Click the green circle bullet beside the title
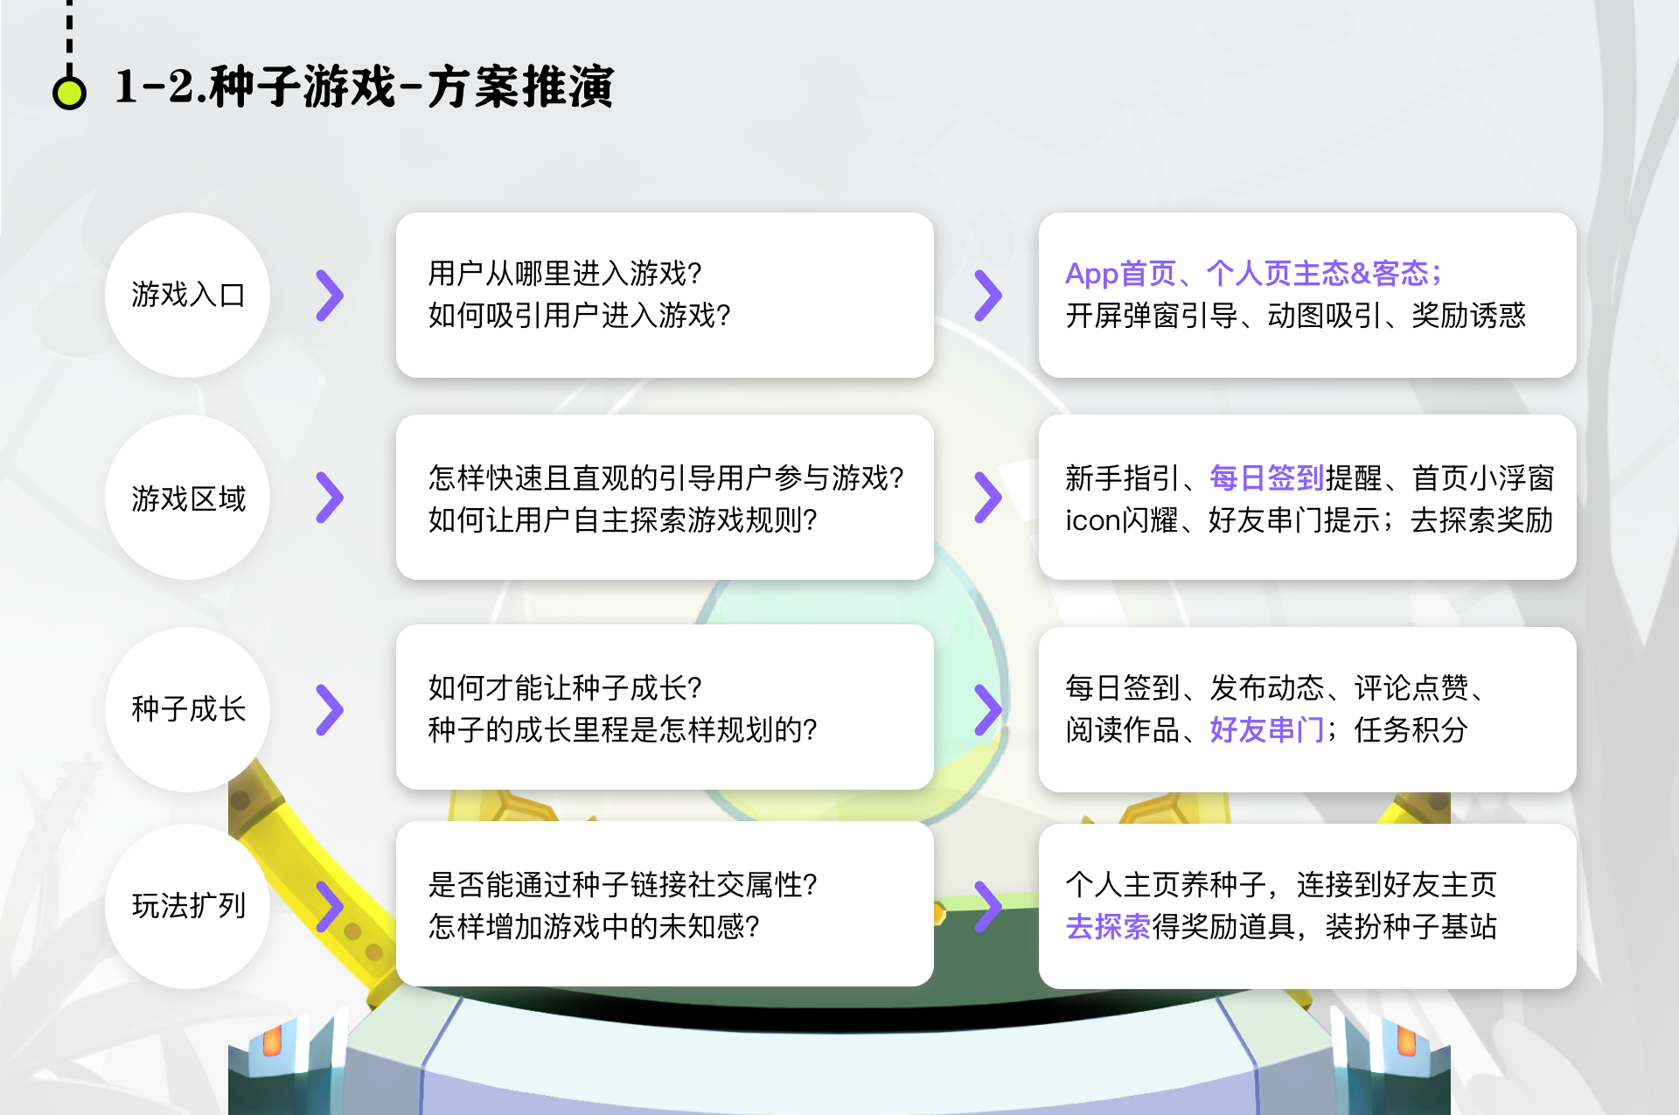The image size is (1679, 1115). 69,92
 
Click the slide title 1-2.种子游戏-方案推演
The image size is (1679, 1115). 365,87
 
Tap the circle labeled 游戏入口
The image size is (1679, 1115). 188,295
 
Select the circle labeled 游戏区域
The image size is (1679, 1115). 188,498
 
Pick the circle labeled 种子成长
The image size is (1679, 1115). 188,709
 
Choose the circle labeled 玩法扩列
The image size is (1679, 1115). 188,906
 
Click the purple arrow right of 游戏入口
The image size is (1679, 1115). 330,296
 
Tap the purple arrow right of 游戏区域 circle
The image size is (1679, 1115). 330,498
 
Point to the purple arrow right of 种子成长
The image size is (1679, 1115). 330,710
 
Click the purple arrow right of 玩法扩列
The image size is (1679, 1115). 330,907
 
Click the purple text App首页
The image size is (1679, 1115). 1120,274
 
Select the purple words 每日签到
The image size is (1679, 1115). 1267,477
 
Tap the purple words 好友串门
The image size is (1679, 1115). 1267,729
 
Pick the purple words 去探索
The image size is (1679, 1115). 1108,926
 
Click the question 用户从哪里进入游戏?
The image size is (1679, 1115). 565,274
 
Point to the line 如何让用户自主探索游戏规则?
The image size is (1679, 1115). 623,520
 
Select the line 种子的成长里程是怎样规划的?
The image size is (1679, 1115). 623,729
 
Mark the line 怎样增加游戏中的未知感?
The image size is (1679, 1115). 594,926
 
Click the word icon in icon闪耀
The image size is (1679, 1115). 1093,520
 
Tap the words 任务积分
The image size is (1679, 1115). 1411,729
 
